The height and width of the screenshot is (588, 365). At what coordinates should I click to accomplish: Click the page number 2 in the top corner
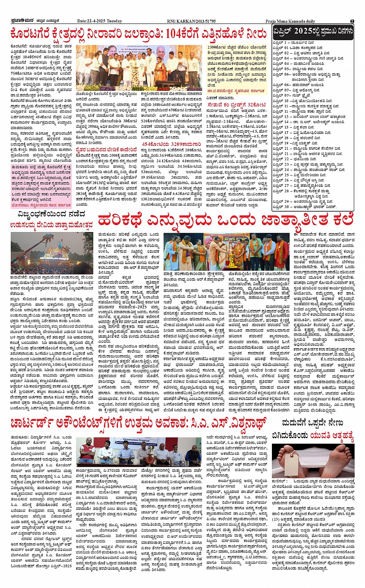[352, 21]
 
